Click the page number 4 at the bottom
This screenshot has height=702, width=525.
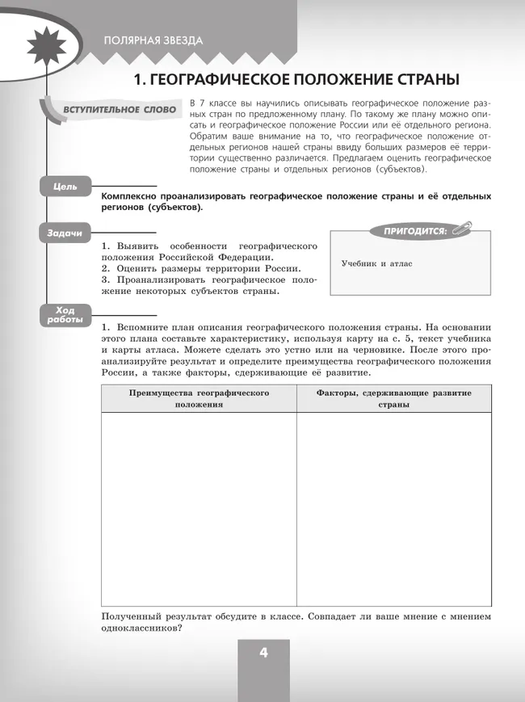pyautogui.click(x=263, y=654)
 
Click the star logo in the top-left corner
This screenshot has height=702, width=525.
pyautogui.click(x=36, y=40)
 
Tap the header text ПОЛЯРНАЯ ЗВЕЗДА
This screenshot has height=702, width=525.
pyautogui.click(x=153, y=40)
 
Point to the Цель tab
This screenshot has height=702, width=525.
pyautogui.click(x=65, y=187)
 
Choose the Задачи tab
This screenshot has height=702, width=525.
pyautogui.click(x=65, y=233)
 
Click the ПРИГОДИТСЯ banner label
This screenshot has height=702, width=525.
pyautogui.click(x=414, y=231)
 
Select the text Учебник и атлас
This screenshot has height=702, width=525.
pyautogui.click(x=376, y=264)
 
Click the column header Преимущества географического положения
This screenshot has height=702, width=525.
pyautogui.click(x=199, y=398)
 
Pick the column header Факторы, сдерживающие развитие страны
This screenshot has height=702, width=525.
pyautogui.click(x=393, y=398)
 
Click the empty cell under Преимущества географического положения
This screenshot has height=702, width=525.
pyautogui.click(x=199, y=509)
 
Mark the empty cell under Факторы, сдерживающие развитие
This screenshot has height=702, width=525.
pyautogui.click(x=393, y=509)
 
